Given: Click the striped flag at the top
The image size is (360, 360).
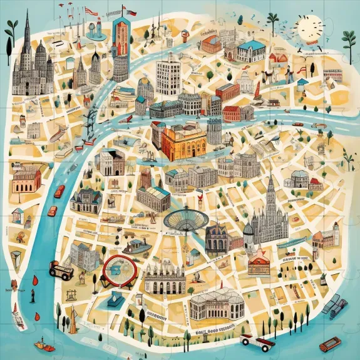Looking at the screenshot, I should (91, 11).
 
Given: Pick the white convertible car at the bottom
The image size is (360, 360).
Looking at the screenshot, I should (257, 342).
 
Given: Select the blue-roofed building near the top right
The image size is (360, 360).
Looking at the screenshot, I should (252, 50).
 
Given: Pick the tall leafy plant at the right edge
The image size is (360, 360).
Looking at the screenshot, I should (349, 44).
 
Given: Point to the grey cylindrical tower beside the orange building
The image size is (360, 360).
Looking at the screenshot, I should (215, 131).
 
